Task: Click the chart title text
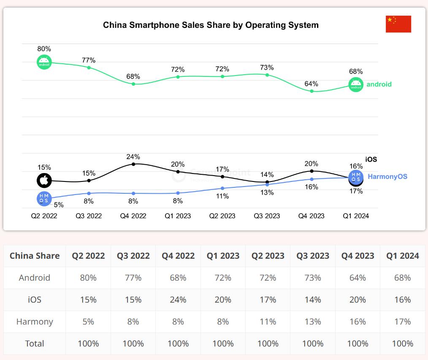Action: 211,25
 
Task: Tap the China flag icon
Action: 398,24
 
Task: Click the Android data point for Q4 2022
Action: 133,84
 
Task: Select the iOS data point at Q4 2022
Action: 133,164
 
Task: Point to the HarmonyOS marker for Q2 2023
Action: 222,188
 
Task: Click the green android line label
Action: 379,84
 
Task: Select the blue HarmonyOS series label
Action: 387,176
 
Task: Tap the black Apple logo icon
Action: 44,181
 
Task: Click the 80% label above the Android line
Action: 44,49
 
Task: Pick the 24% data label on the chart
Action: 133,157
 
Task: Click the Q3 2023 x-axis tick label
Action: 267,216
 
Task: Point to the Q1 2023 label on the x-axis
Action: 178,216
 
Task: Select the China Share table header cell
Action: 35,256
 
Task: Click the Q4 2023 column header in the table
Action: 358,256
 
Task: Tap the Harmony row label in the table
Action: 35,322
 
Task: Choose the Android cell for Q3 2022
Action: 133,278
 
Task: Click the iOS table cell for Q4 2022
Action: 178,300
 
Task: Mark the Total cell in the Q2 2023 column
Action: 268,344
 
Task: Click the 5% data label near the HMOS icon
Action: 59,205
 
